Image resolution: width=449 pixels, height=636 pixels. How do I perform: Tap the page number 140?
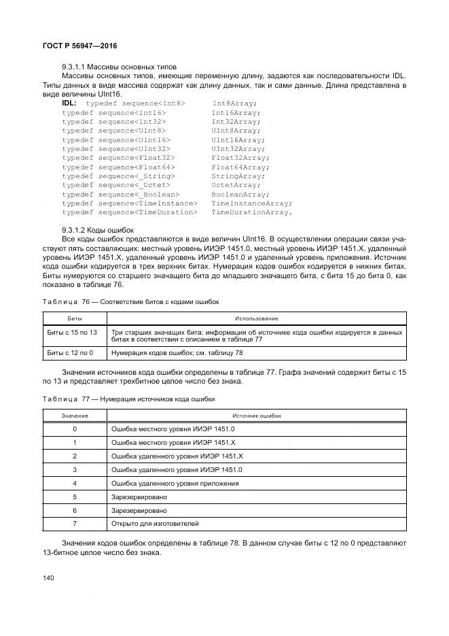tap(49, 578)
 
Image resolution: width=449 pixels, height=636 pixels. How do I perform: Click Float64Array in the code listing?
tap(239, 167)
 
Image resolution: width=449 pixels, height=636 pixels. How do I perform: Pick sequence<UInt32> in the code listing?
tap(134, 148)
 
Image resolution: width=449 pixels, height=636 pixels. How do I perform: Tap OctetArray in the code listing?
tap(235, 185)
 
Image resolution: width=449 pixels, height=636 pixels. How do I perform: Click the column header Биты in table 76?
tap(75, 318)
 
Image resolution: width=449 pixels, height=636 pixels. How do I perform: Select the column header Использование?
tap(256, 318)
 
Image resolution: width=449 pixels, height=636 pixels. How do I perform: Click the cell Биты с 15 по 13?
tap(72, 332)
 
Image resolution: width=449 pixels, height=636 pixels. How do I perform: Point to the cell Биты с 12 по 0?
tap(70, 353)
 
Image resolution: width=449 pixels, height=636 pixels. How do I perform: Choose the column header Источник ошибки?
tap(256, 416)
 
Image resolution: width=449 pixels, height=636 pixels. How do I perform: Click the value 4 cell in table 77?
tap(75, 484)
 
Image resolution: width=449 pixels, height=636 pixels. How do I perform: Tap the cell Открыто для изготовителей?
tap(155, 524)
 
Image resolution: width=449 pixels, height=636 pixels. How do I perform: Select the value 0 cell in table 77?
tap(75, 429)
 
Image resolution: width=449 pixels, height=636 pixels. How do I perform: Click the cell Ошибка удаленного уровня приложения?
tap(175, 484)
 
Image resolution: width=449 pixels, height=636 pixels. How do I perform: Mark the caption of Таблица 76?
tap(131, 301)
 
